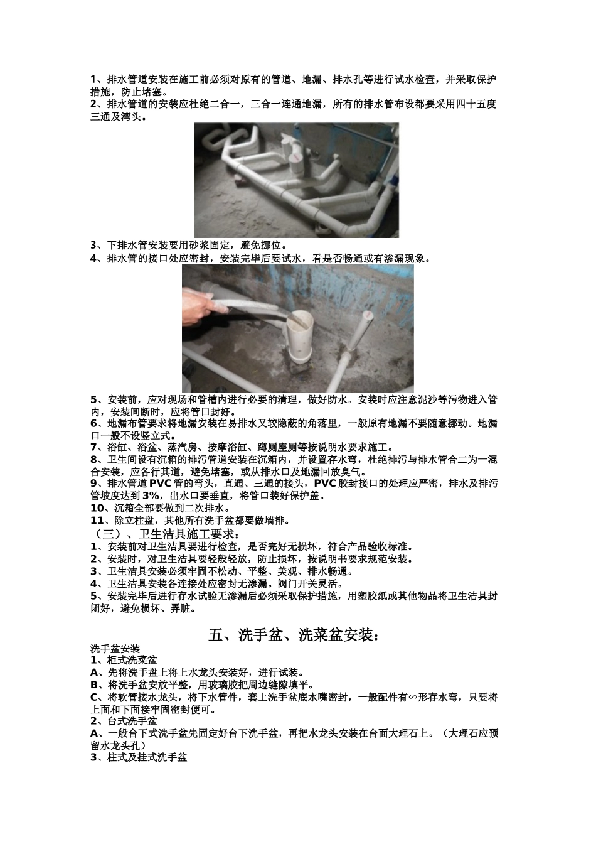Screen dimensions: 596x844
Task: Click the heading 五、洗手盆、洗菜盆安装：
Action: coord(294,636)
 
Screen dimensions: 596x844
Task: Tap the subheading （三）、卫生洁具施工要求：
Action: coord(165,534)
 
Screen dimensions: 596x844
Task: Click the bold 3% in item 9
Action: coord(151,495)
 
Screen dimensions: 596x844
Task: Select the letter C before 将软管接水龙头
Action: coord(93,697)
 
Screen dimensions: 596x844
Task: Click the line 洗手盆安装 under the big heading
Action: coord(115,649)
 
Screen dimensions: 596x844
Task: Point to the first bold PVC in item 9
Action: coord(161,483)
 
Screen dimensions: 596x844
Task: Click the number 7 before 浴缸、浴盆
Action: coord(93,447)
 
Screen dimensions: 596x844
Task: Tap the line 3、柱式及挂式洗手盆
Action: coord(139,757)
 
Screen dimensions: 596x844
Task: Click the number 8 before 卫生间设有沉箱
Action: coord(93,459)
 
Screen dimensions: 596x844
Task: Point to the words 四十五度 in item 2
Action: coord(477,104)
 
